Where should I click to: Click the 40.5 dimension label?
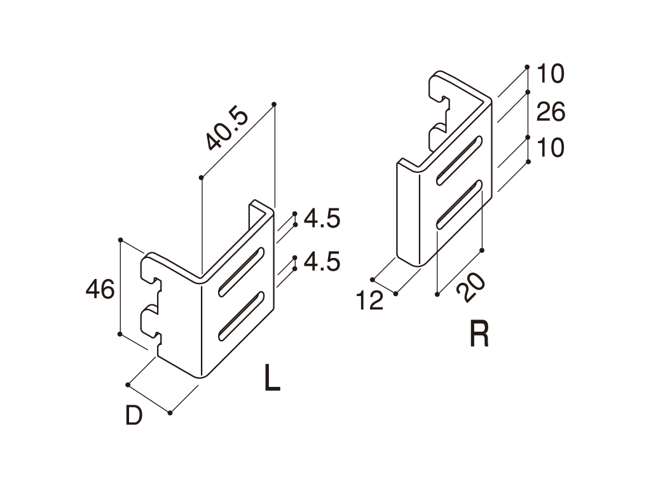point(228,129)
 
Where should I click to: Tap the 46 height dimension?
point(100,289)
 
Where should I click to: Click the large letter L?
point(272,377)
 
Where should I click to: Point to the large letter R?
point(479,334)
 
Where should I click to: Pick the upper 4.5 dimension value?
point(322,219)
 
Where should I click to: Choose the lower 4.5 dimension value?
point(322,261)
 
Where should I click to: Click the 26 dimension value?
point(551,112)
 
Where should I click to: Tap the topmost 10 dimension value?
point(551,74)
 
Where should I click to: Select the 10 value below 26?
point(551,147)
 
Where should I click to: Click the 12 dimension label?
point(370,301)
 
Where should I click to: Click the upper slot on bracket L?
point(242,272)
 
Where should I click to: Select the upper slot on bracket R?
point(460,159)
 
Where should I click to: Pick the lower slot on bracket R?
point(460,204)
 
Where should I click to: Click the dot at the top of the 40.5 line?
point(273,104)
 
